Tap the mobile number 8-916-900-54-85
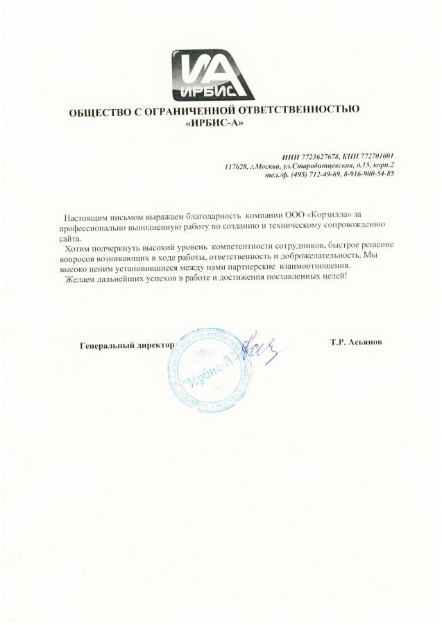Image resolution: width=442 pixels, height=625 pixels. (x=368, y=174)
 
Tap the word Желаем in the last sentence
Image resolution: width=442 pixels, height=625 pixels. (x=80, y=276)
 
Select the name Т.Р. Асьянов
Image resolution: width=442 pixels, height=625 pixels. (x=357, y=343)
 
